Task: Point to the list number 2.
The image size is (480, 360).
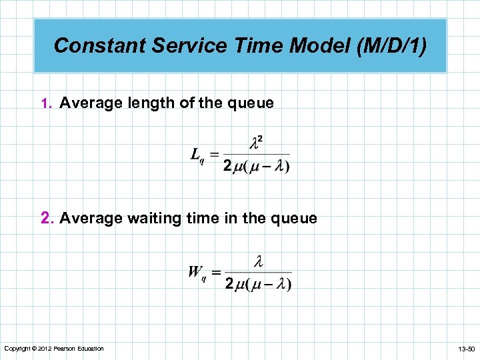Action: (46, 218)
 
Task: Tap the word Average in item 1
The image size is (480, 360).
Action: (88, 103)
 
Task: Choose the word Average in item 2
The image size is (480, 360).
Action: (88, 218)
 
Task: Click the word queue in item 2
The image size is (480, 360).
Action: (293, 218)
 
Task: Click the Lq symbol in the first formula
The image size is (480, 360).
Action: (197, 156)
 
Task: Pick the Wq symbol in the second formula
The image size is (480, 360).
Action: (197, 272)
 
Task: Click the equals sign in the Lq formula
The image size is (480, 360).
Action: (214, 154)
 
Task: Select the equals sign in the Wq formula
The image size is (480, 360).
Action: (216, 272)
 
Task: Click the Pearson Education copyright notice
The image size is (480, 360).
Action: (54, 349)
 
